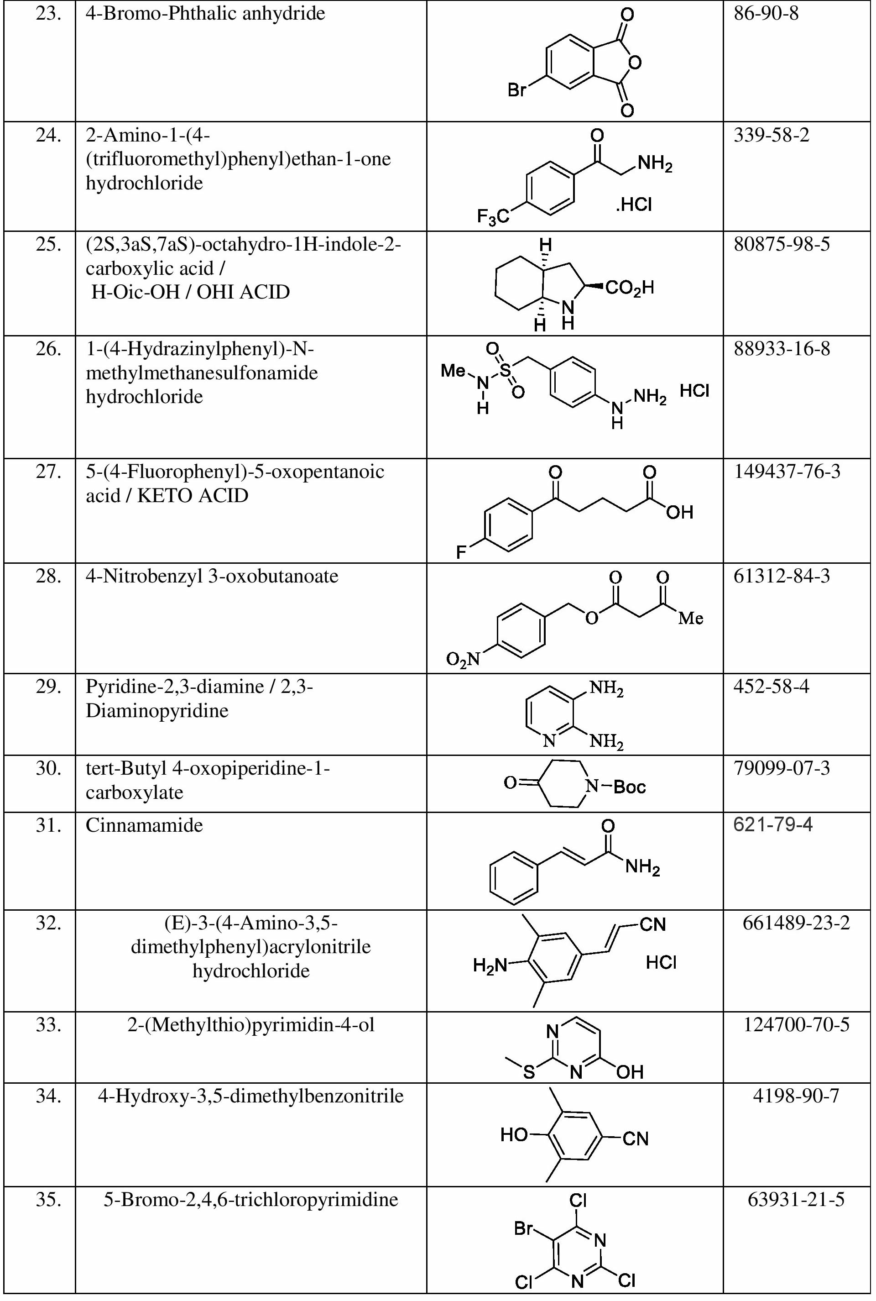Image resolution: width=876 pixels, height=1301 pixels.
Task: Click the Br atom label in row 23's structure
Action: [517, 90]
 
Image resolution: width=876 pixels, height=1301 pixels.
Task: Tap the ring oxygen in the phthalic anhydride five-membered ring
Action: [634, 62]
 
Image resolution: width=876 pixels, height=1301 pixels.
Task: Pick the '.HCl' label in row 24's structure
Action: [634, 205]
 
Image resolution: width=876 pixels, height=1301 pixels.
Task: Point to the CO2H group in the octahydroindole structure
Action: [630, 289]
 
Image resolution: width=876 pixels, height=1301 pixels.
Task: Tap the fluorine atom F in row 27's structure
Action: [461, 552]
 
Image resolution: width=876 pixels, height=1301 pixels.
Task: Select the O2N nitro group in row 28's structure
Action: [463, 660]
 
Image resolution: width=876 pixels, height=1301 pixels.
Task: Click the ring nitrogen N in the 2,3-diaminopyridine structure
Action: [549, 741]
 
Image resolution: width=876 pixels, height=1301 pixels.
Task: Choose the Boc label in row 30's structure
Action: [630, 787]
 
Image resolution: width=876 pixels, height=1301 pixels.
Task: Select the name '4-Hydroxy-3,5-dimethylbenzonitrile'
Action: [251, 1096]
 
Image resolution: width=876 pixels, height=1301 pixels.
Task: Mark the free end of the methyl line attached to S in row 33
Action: [505, 1057]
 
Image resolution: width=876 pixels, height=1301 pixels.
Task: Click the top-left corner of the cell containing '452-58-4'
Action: [724, 673]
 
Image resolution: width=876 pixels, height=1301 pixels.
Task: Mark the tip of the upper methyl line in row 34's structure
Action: [550, 1087]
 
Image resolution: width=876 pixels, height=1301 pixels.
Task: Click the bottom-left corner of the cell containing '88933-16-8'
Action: [724, 459]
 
